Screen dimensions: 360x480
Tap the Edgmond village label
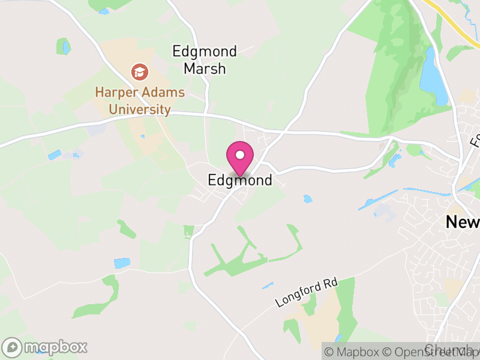240,180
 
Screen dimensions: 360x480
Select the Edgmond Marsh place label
205,60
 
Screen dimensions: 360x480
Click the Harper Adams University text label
140,101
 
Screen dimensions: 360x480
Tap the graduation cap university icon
140,73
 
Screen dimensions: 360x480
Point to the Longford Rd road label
307,292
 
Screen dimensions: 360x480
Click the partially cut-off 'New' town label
463,222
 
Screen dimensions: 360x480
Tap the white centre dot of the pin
240,155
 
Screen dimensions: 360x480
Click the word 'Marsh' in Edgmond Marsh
205,68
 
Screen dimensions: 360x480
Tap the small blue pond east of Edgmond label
308,199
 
